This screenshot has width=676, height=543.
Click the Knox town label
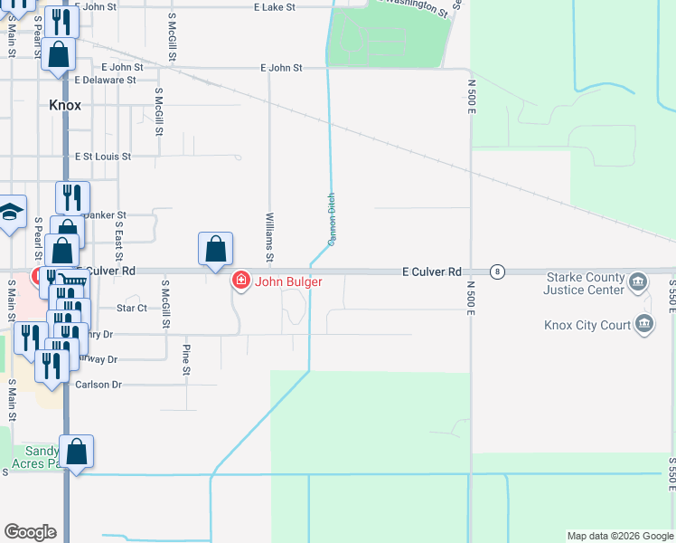(65, 105)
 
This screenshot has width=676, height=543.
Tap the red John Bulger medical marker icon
(240, 281)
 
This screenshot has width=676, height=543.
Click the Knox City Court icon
(644, 324)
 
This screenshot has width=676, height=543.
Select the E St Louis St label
(103, 157)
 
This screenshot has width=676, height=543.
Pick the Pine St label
(186, 359)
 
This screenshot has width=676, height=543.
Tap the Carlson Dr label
(99, 385)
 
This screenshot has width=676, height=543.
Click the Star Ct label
(131, 309)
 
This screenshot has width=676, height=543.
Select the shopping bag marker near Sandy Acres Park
(79, 452)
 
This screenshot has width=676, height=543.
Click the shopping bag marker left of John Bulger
(216, 249)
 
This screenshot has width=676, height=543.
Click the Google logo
(31, 532)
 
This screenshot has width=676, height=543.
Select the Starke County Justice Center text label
(584, 284)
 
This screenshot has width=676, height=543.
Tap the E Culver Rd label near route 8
(432, 271)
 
